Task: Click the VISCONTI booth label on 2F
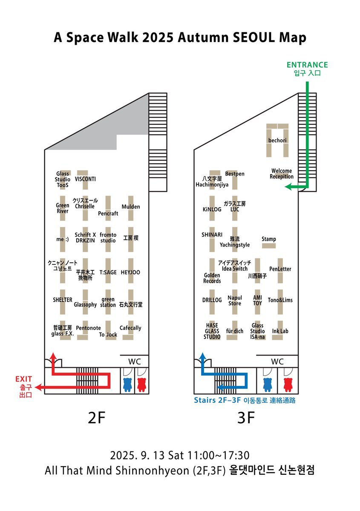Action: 85,179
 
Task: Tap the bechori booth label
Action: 277,140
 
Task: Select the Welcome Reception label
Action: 282,174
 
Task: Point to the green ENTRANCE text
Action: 307,65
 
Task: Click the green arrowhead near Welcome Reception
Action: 288,187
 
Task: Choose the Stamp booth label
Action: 269,239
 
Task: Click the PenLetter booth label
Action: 280,269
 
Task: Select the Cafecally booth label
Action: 130,328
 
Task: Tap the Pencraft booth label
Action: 108,213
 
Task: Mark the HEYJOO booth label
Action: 130,272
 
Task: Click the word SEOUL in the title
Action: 254,37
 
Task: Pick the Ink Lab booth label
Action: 280,331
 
